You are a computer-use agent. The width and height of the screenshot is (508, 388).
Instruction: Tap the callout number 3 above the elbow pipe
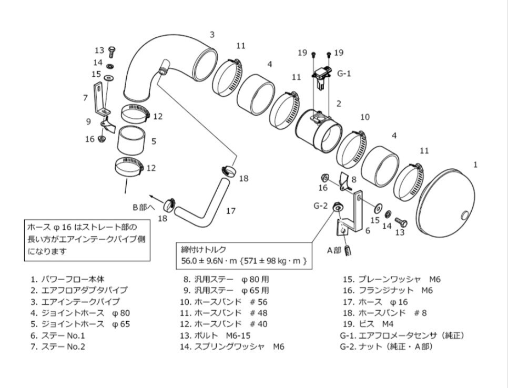click(x=212, y=35)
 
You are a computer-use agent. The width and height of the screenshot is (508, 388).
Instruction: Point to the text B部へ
click(x=144, y=207)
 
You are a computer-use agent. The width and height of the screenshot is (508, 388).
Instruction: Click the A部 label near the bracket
click(x=334, y=250)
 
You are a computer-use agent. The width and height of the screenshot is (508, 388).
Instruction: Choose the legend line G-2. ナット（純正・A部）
click(x=386, y=346)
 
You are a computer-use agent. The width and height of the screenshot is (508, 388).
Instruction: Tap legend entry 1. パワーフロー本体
click(x=71, y=279)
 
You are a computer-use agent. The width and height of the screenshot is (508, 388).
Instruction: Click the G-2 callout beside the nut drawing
click(x=321, y=205)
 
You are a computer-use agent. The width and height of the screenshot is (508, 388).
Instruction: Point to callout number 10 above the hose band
click(x=365, y=117)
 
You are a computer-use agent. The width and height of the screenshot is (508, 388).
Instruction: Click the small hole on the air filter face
click(x=463, y=215)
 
